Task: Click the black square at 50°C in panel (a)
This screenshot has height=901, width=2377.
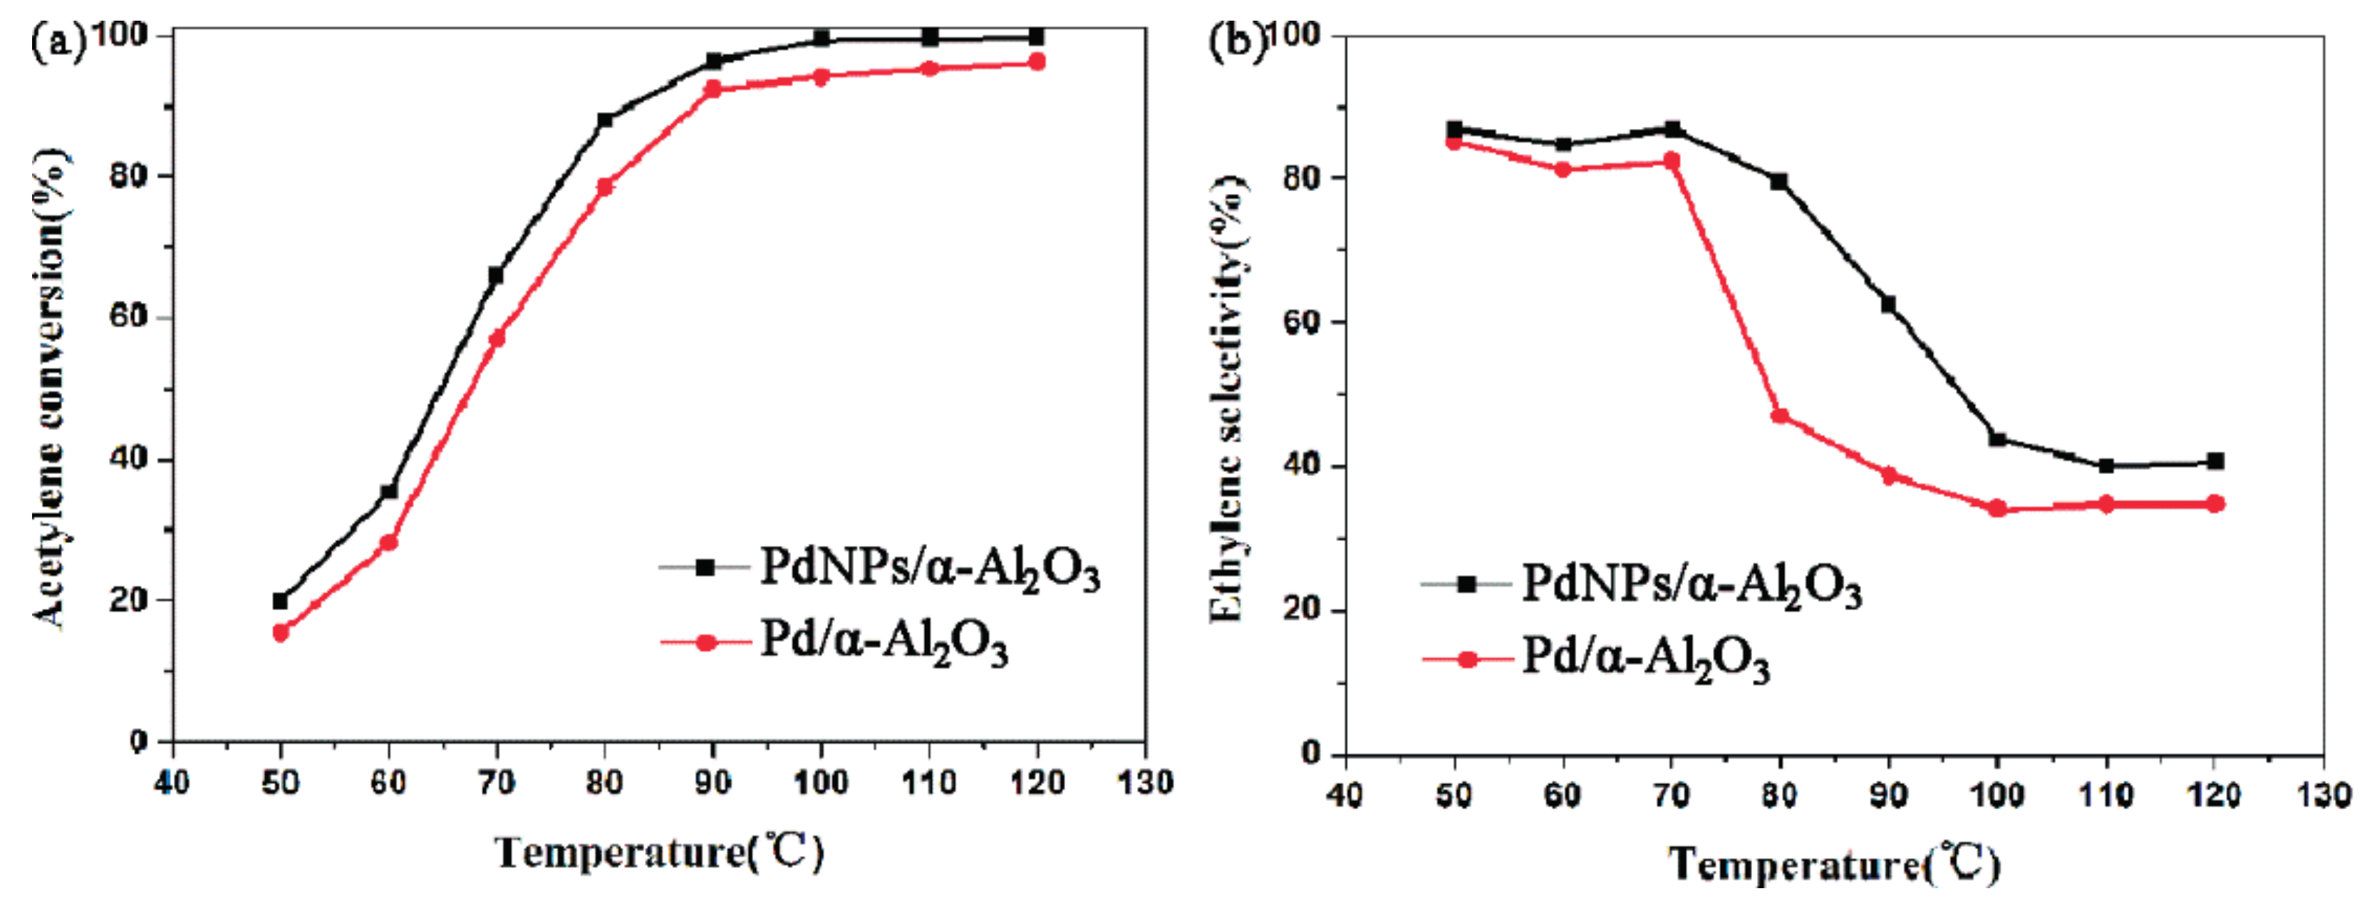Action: click(x=281, y=601)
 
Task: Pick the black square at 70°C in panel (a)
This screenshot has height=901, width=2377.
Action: click(x=497, y=275)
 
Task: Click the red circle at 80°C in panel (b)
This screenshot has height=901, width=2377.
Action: click(x=1780, y=416)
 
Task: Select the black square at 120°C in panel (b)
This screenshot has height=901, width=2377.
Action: click(x=2215, y=462)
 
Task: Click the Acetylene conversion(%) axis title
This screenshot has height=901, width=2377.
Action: click(x=51, y=388)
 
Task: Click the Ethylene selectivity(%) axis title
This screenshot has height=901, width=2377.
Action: click(x=1226, y=397)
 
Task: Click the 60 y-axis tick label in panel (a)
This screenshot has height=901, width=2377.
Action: click(x=128, y=316)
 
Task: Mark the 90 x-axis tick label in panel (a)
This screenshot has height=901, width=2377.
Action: click(x=713, y=783)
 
